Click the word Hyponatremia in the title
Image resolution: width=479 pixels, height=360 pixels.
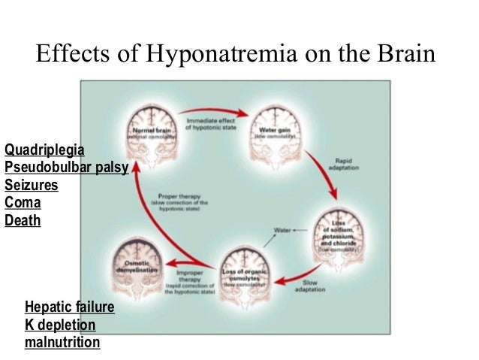[217, 55]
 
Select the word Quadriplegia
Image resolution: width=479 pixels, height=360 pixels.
[44, 150]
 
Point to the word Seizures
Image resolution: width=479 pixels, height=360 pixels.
[32, 185]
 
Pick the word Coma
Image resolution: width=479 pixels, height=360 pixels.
[23, 203]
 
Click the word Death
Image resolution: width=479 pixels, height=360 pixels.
[23, 221]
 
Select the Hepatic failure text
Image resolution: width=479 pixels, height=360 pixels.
[70, 307]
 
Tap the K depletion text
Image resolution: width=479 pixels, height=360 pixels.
[60, 325]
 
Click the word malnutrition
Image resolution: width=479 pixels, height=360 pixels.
[62, 343]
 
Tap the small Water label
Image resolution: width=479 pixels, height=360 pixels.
[283, 229]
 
